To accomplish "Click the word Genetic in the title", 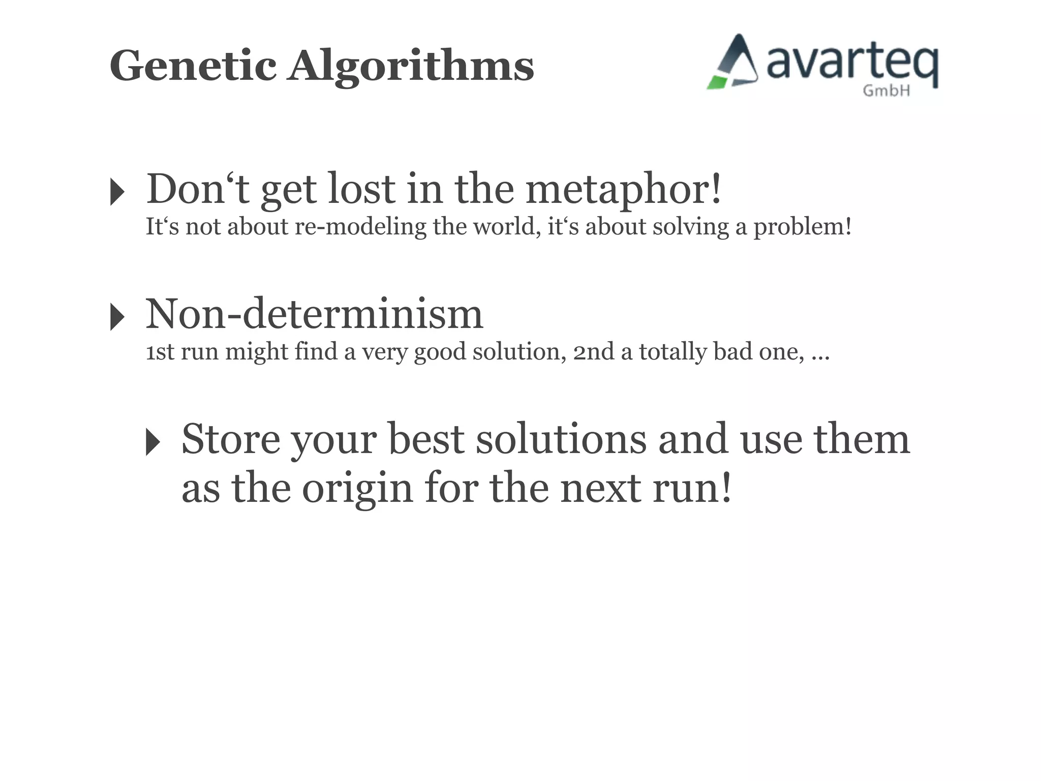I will pos(193,66).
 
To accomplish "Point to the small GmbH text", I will pos(886,91).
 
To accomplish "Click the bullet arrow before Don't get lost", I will pos(117,192).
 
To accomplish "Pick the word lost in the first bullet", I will pos(361,189).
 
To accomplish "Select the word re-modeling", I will pos(360,227).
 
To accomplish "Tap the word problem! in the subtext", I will pos(802,227).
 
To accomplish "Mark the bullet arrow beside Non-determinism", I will pos(117,317).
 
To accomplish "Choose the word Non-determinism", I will pos(314,314).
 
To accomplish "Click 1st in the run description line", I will pos(160,352).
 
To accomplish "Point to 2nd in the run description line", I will pos(594,352).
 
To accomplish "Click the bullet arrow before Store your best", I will pos(153,441).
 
